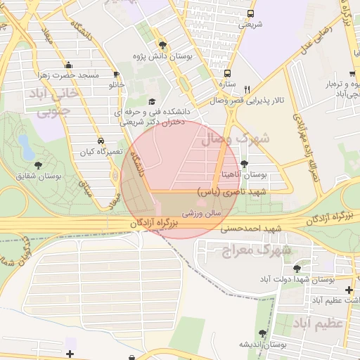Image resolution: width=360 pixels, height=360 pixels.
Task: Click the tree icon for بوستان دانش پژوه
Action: coord(162,43)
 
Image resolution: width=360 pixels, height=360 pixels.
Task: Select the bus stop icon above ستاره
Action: coord(226,72)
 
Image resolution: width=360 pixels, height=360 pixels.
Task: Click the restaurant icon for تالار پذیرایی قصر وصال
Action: coord(246,89)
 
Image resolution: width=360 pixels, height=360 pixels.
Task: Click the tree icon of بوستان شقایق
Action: coord(38,165)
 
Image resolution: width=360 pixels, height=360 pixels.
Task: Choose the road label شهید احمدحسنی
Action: coord(251,229)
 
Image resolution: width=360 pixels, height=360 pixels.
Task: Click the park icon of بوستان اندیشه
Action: coord(263,333)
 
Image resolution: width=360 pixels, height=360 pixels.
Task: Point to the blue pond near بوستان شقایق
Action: coord(25,146)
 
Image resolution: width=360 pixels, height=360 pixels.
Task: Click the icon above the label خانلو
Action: coord(117,73)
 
